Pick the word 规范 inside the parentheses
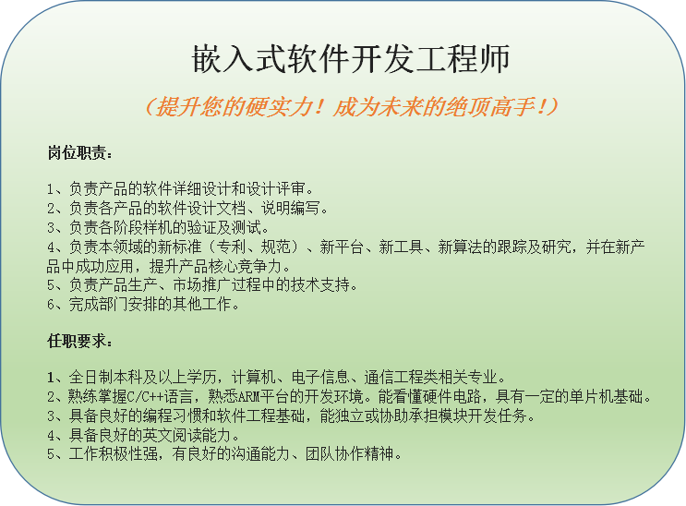point(276,247)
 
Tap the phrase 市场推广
point(202,285)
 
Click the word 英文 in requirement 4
point(158,435)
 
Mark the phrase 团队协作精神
point(349,454)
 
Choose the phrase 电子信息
point(320,377)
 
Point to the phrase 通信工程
point(393,377)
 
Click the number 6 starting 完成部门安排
point(51,305)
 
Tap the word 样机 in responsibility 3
point(158,228)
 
